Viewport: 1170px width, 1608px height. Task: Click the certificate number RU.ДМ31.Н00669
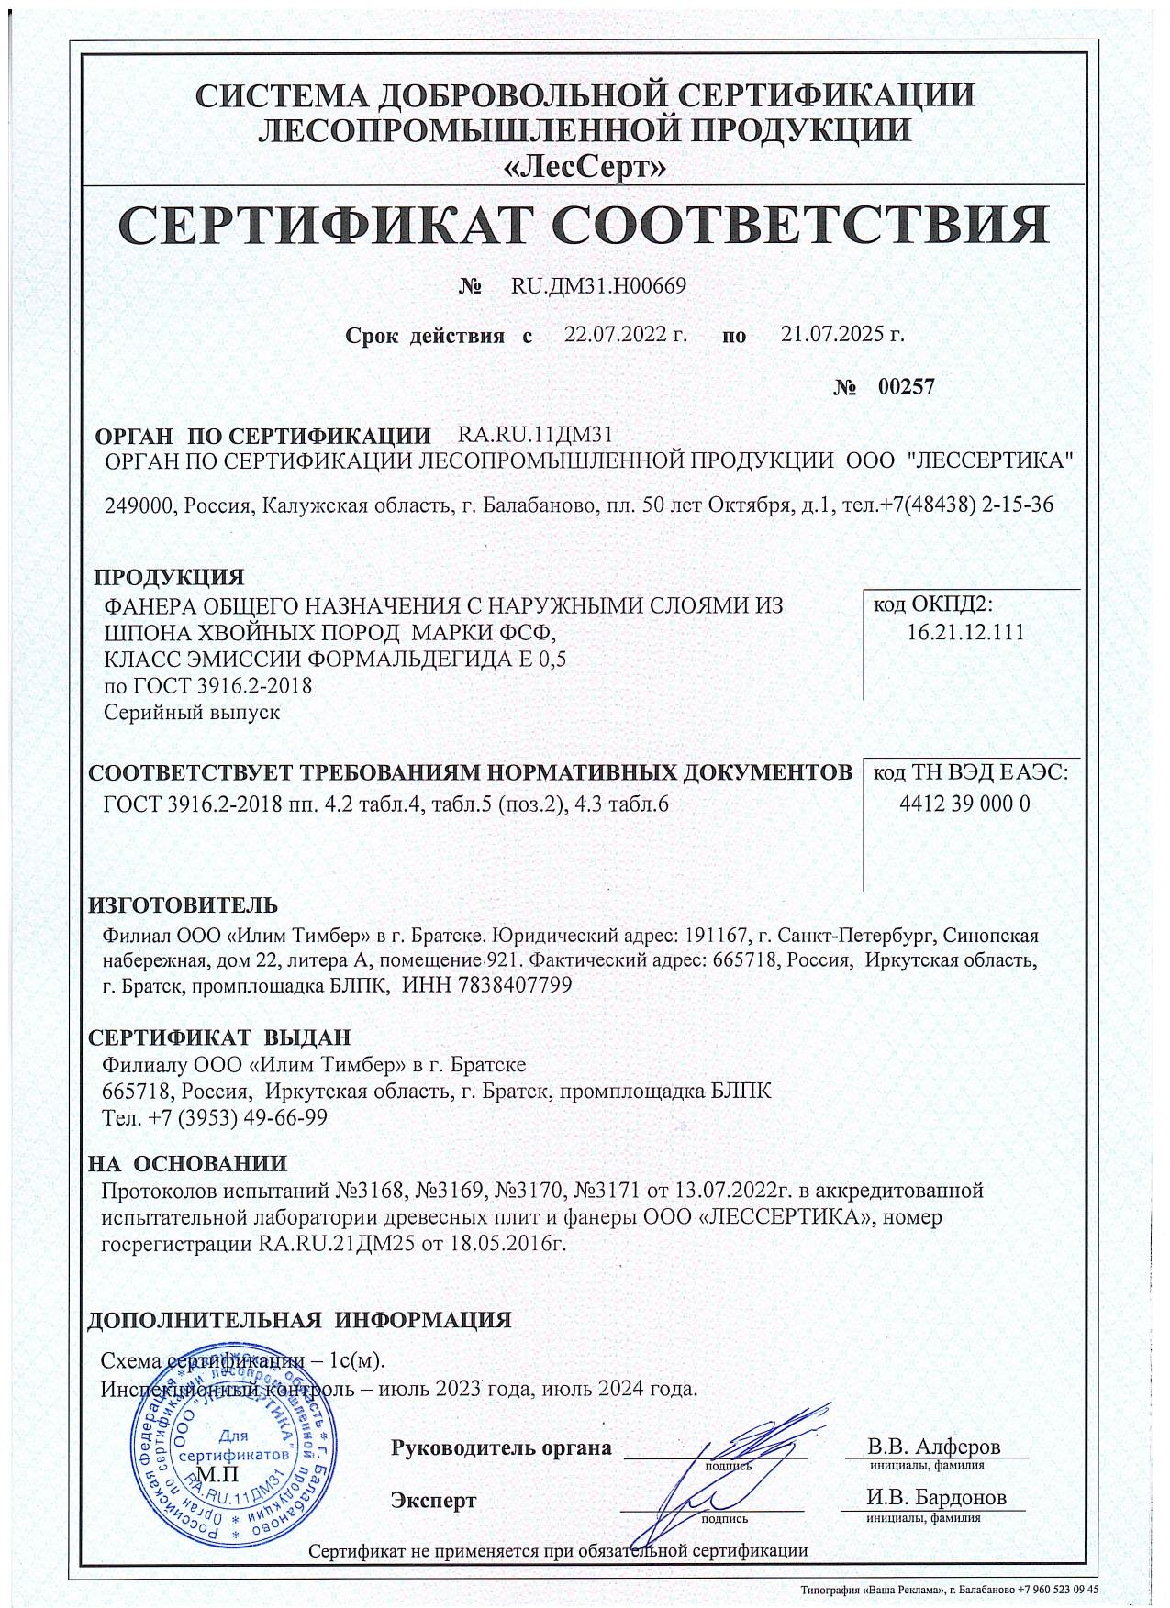[597, 286]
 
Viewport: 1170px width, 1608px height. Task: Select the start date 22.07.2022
[624, 335]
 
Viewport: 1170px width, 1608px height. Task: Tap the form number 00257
[905, 387]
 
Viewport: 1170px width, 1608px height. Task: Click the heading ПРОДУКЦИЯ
[170, 578]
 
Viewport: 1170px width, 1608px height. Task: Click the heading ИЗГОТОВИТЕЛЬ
[182, 906]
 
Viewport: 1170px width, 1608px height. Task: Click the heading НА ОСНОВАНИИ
[187, 1164]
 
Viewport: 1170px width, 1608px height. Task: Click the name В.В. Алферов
[934, 1447]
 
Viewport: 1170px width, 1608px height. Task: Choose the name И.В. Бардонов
[936, 1498]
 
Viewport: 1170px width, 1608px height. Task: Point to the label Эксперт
[433, 1502]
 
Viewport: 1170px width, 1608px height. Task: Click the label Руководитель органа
[501, 1449]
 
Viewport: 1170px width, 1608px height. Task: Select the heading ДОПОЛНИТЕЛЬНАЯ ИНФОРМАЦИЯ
[298, 1321]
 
